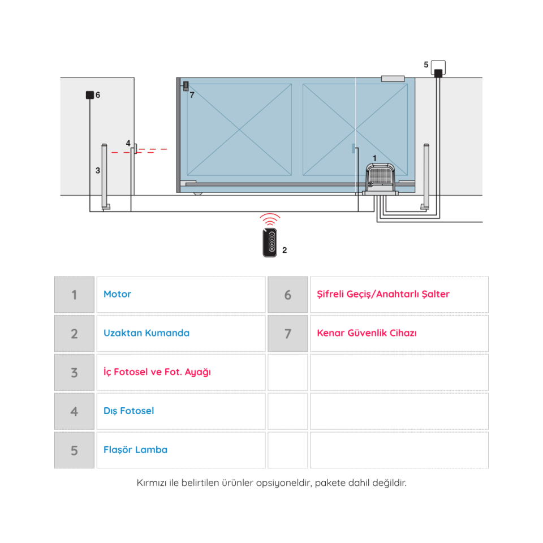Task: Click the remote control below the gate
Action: [x=270, y=243]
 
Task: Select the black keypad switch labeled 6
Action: [x=90, y=95]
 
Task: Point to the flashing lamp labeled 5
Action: [x=438, y=68]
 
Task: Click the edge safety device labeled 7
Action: [x=186, y=85]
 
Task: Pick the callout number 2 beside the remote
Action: [x=285, y=250]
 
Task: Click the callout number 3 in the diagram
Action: [x=98, y=170]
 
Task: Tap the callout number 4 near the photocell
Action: [x=128, y=143]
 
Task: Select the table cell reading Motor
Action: [x=118, y=294]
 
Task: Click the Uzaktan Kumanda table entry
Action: [x=146, y=333]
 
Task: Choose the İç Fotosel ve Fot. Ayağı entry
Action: [x=157, y=372]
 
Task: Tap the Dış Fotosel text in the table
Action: [x=129, y=411]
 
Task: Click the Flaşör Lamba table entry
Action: [x=135, y=450]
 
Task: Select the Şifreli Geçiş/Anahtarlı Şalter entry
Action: [x=383, y=294]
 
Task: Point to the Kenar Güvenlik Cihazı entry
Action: [x=367, y=333]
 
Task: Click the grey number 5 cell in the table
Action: [x=75, y=450]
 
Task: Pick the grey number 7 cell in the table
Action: [x=288, y=334]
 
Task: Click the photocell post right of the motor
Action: [x=425, y=176]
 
